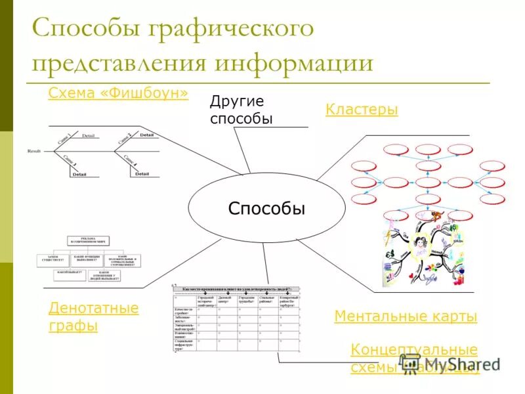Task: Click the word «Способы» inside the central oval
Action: (x=266, y=209)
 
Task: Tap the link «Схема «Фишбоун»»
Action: (x=118, y=94)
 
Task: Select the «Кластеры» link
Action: (x=362, y=110)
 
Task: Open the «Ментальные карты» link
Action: (x=406, y=317)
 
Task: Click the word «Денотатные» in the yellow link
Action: (x=94, y=308)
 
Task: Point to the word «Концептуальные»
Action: (x=414, y=349)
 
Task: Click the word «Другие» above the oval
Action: (x=236, y=101)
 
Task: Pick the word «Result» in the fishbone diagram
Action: (x=34, y=151)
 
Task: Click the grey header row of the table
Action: (x=236, y=289)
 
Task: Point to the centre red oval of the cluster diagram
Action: (x=428, y=183)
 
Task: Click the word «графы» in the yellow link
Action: (x=73, y=325)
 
